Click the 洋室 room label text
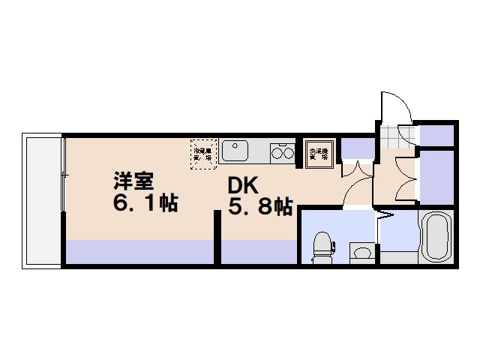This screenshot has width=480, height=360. pyautogui.click(x=133, y=181)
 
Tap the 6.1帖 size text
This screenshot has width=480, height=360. pyautogui.click(x=145, y=202)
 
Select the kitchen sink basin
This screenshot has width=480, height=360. pyautogui.click(x=235, y=150)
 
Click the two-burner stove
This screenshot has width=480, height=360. pyautogui.click(x=282, y=153)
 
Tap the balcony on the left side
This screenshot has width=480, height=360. pyautogui.click(x=42, y=201)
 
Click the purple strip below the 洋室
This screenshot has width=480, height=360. pyautogui.click(x=139, y=251)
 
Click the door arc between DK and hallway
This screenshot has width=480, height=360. pyautogui.click(x=357, y=180)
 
